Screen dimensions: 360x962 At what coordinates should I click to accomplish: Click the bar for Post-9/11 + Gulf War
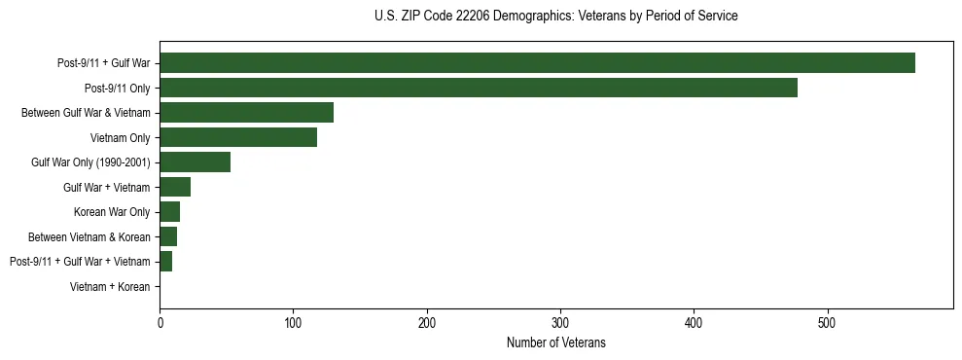click(537, 63)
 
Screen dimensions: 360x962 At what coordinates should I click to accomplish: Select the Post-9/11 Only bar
click(479, 88)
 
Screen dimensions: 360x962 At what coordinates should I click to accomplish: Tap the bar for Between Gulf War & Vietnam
click(246, 113)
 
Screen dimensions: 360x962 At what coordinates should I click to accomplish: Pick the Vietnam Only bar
click(238, 137)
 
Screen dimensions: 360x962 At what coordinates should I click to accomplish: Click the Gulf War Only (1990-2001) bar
click(195, 162)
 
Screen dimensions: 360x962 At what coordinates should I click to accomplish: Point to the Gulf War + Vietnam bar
click(175, 187)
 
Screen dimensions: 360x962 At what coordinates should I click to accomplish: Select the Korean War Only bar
click(169, 212)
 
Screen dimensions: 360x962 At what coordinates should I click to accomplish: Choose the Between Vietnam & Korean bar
click(168, 236)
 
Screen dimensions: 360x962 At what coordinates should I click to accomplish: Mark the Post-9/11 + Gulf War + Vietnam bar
click(165, 262)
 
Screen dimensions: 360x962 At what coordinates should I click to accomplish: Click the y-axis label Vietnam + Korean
click(110, 287)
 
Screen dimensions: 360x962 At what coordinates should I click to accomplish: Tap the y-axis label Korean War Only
click(112, 212)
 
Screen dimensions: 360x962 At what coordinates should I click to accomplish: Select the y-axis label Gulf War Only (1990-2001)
click(90, 162)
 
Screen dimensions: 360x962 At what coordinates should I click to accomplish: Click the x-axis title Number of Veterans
click(555, 342)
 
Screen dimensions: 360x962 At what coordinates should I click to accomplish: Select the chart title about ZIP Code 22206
click(555, 17)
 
